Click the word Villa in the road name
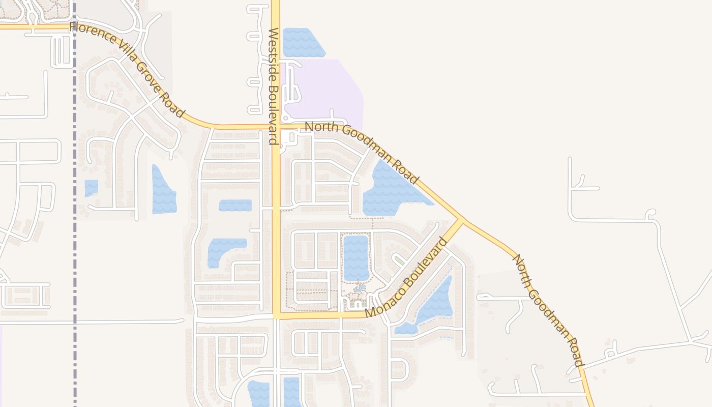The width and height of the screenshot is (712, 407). click(122, 54)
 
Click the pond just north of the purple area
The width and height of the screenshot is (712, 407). click(303, 42)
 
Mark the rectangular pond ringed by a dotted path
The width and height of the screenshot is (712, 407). click(356, 257)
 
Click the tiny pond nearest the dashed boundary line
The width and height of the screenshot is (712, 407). click(91, 187)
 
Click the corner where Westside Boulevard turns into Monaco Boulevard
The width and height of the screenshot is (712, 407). click(276, 316)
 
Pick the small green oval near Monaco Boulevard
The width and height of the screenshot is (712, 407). click(400, 260)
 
